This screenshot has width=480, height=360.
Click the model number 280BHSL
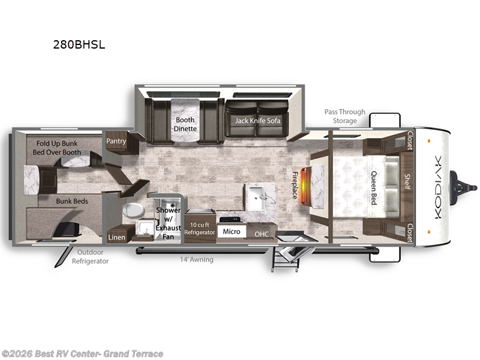coord(79,44)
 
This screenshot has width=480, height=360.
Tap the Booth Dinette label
coord(185,124)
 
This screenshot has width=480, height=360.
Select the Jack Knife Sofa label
coord(257,121)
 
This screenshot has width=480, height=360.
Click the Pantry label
coord(116,141)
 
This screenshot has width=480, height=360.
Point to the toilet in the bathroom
coord(133,211)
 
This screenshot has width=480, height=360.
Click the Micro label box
coord(232,232)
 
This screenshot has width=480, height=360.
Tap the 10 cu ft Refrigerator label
coord(200,229)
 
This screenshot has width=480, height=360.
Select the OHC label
coord(262,234)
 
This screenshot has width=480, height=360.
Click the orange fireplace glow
coord(304,185)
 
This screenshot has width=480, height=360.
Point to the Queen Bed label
coord(374,188)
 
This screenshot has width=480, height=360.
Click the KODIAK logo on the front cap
coord(438,187)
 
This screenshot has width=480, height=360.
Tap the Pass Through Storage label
coord(344,116)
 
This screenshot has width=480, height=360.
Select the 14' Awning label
coord(197,260)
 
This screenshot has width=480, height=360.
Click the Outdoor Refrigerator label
coord(90,257)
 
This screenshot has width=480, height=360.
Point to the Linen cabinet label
coord(116,237)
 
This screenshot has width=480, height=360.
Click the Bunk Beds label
coord(72,201)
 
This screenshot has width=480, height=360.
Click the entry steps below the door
coord(284,259)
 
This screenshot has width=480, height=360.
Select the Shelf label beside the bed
coord(407,182)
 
